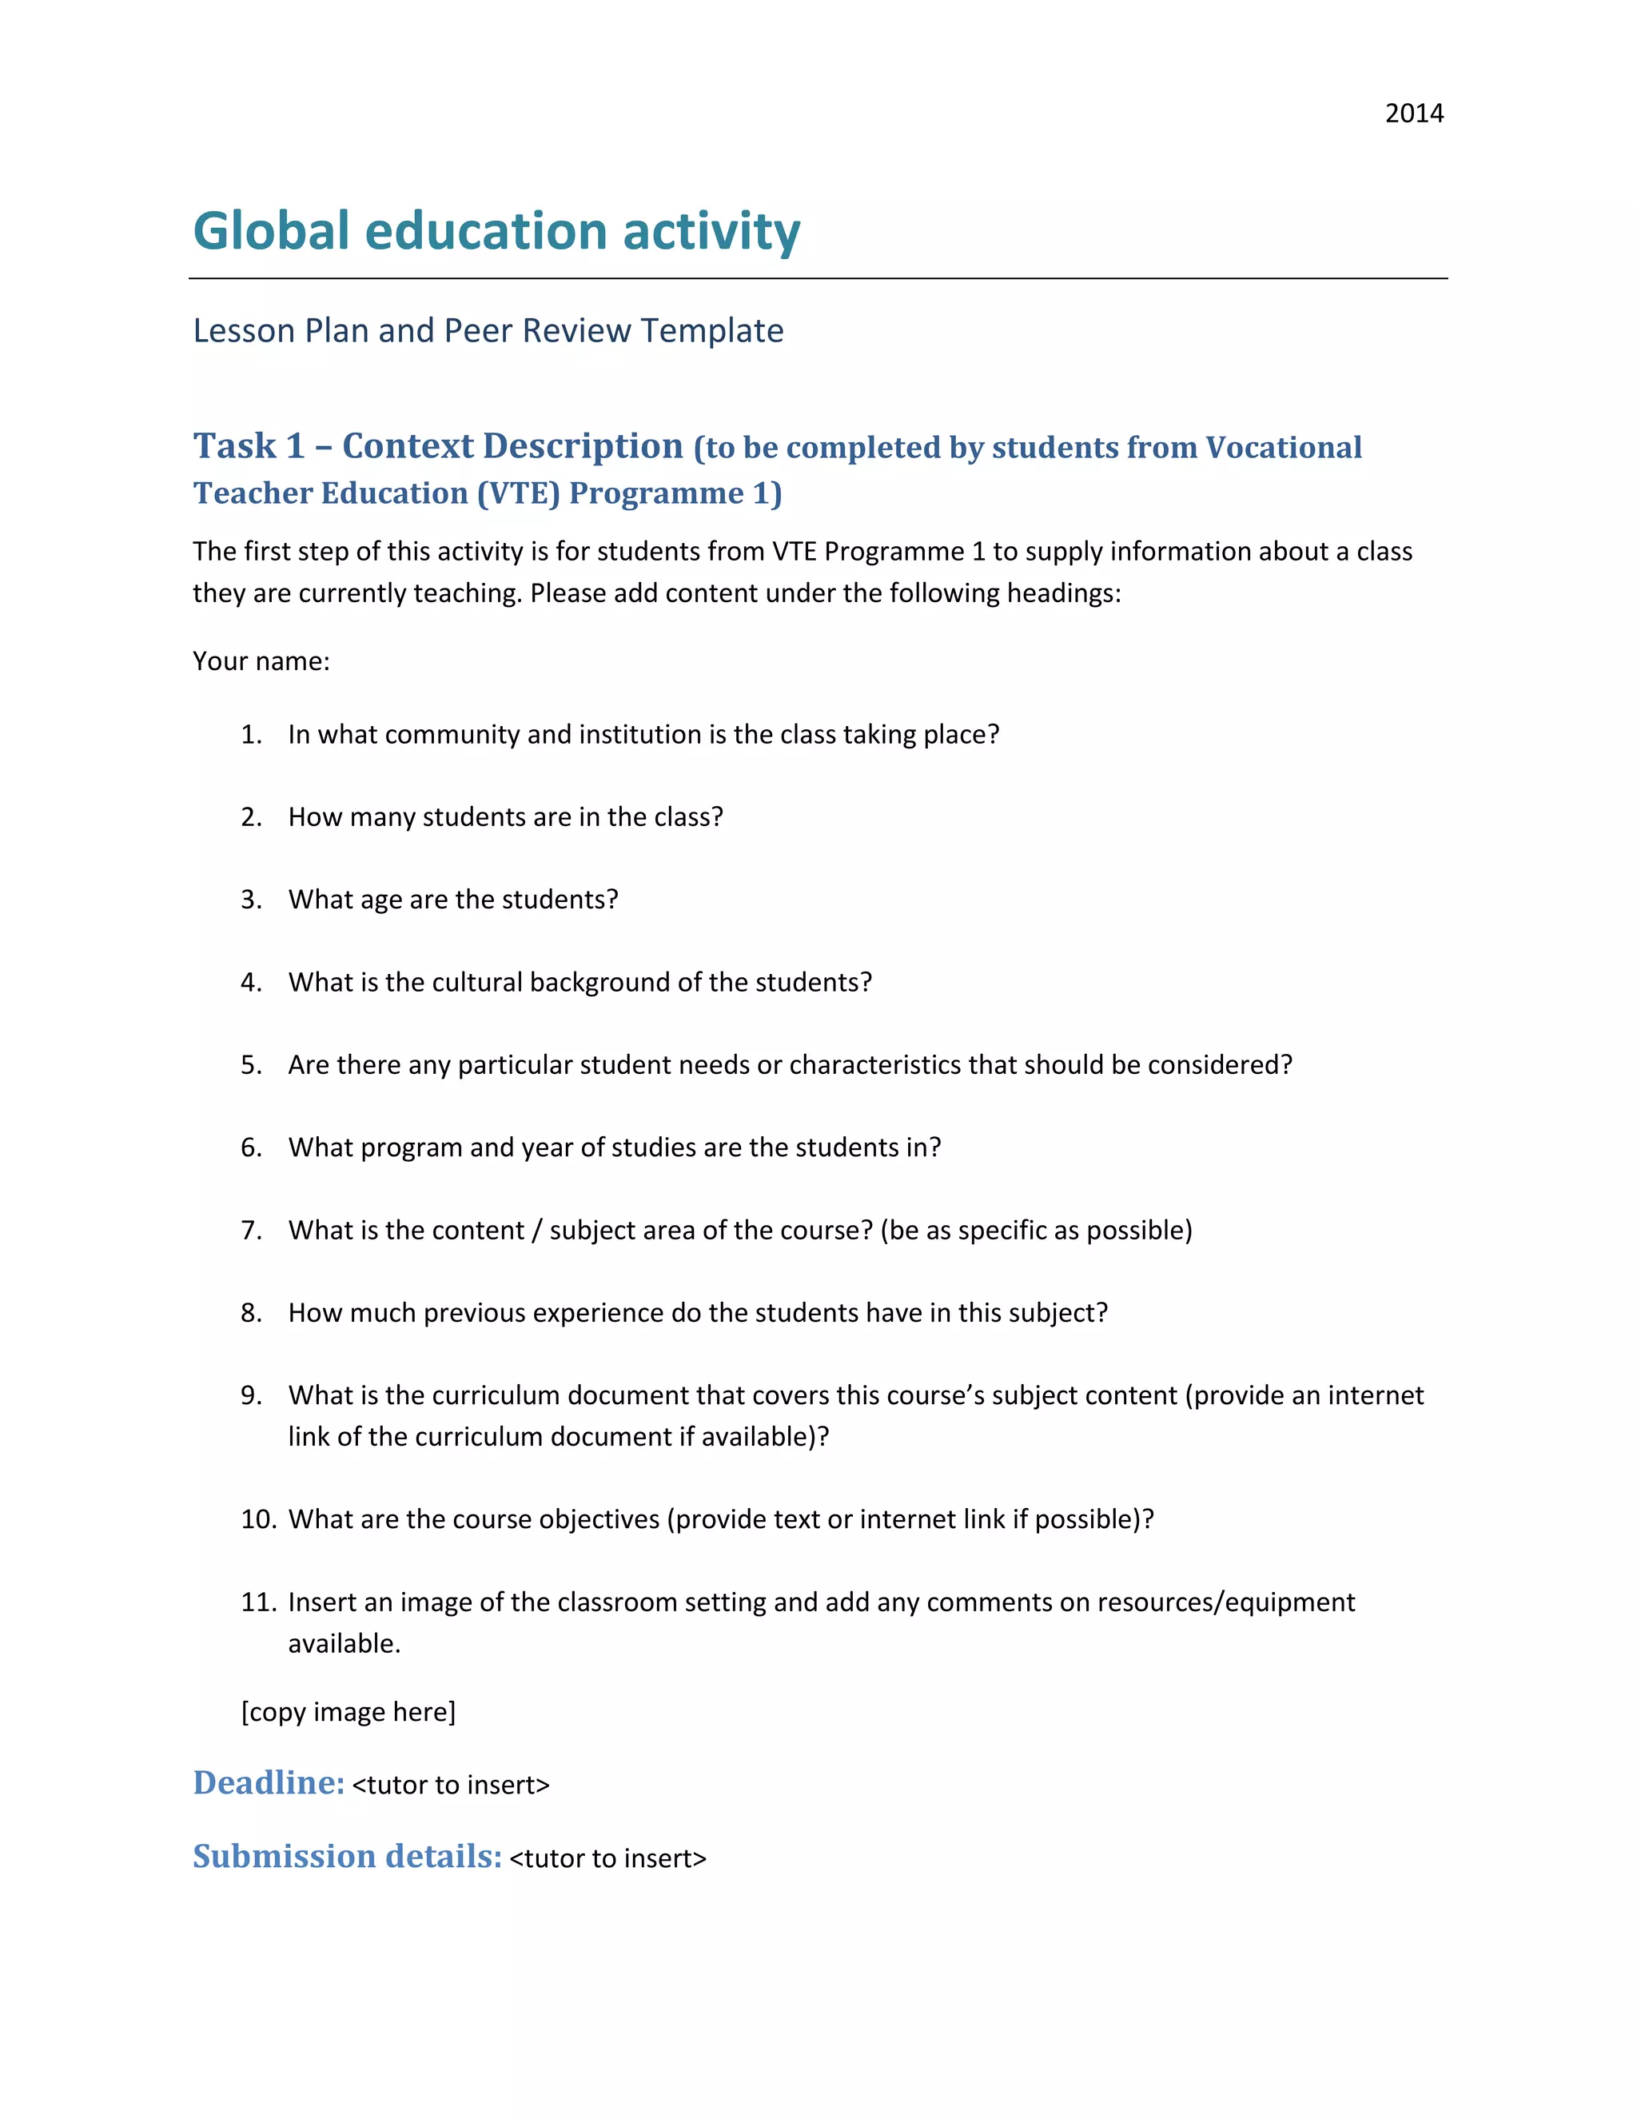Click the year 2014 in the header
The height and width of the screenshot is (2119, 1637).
click(x=1413, y=114)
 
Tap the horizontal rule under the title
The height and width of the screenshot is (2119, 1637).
click(x=818, y=278)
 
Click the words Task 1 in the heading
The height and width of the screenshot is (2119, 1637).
click(x=249, y=446)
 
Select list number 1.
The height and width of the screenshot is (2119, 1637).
click(x=251, y=735)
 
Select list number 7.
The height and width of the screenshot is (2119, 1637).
click(x=251, y=1231)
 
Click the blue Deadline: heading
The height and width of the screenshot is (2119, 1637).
click(x=269, y=1783)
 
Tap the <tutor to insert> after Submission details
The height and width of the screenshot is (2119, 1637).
click(x=607, y=1858)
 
